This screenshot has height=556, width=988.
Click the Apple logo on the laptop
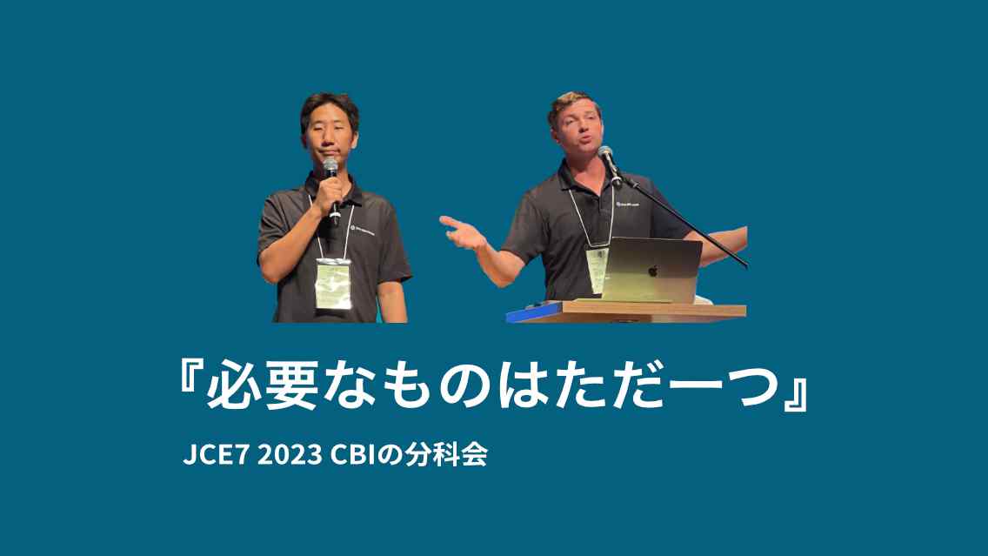tap(652, 271)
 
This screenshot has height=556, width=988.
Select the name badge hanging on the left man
tap(333, 284)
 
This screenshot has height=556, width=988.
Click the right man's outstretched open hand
tap(458, 230)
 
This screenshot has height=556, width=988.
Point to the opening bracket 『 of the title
tap(186, 383)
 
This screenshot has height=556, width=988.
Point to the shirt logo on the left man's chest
tap(363, 231)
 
